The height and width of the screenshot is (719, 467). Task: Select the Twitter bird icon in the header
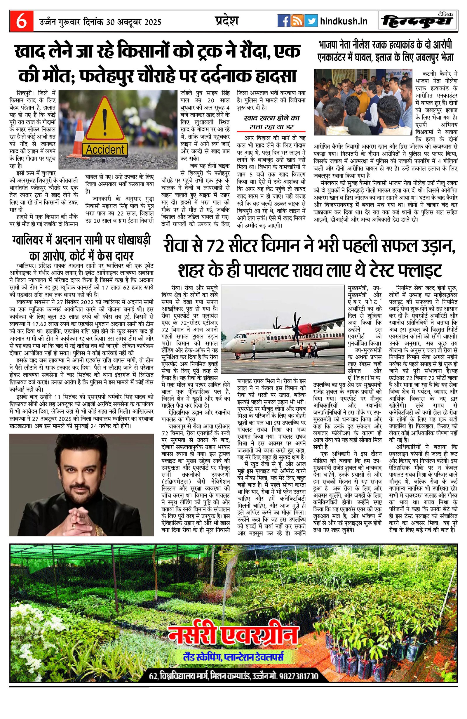[x=311, y=21]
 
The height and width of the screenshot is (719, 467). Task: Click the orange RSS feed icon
[x=297, y=21]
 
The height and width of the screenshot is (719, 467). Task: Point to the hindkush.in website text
[x=344, y=21]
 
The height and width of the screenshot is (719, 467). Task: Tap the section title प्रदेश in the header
[x=227, y=20]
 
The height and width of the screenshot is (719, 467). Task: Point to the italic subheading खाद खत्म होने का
[x=271, y=118]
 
